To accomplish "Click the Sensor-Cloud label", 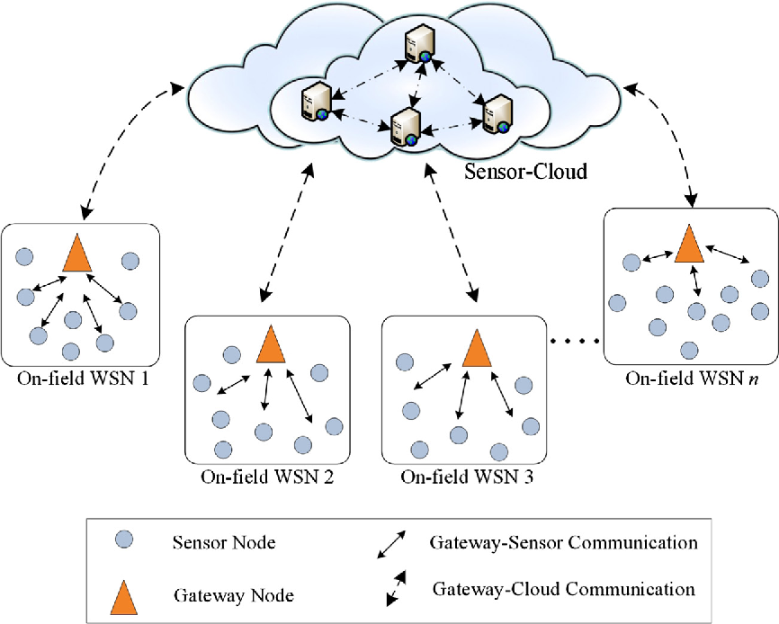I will point(525,170).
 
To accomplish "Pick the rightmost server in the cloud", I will point(497,113).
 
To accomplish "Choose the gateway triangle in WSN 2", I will point(269,344).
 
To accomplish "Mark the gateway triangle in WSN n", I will point(688,243).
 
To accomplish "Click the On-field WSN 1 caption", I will point(82,379).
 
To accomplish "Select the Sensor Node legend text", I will point(222,543).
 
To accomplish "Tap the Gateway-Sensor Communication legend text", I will point(563,543).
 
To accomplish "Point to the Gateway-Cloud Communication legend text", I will point(564,590).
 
